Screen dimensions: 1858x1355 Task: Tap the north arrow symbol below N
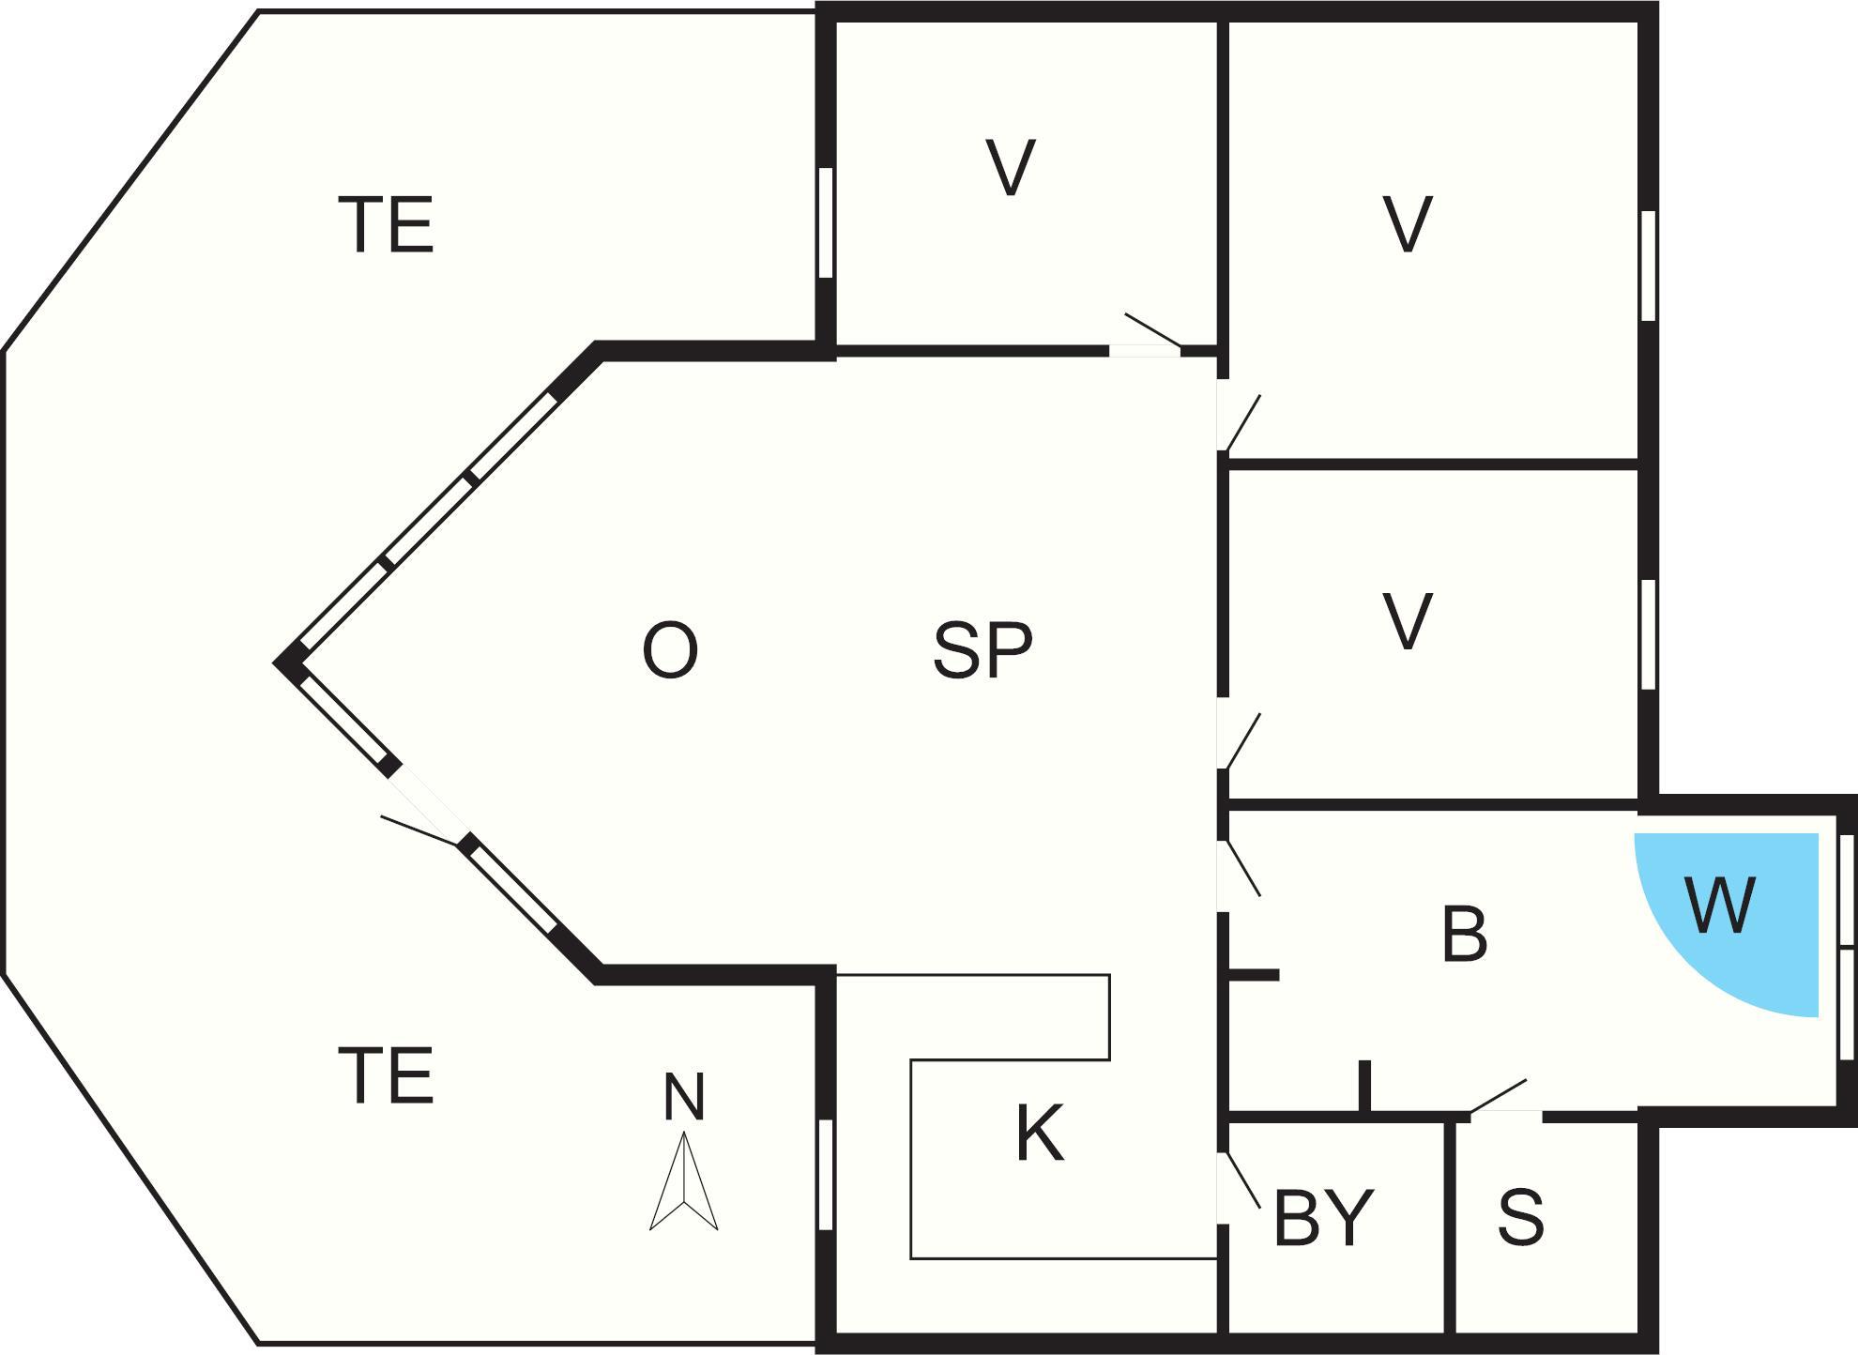[684, 1180]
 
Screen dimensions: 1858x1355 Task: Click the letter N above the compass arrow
[684, 1096]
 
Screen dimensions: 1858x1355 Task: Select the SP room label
[982, 650]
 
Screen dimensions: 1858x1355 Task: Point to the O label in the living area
[670, 651]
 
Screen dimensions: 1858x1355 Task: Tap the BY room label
[1323, 1217]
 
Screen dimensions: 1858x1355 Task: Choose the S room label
[1521, 1217]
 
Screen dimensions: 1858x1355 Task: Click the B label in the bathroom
[1464, 935]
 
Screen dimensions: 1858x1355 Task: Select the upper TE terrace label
[387, 224]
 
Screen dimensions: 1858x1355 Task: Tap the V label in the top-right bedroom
[1408, 224]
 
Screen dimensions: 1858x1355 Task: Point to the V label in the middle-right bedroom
[1408, 621]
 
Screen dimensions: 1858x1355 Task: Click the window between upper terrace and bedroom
[826, 222]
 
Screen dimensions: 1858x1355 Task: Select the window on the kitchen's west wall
[826, 1174]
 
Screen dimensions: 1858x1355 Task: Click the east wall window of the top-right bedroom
[1648, 266]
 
